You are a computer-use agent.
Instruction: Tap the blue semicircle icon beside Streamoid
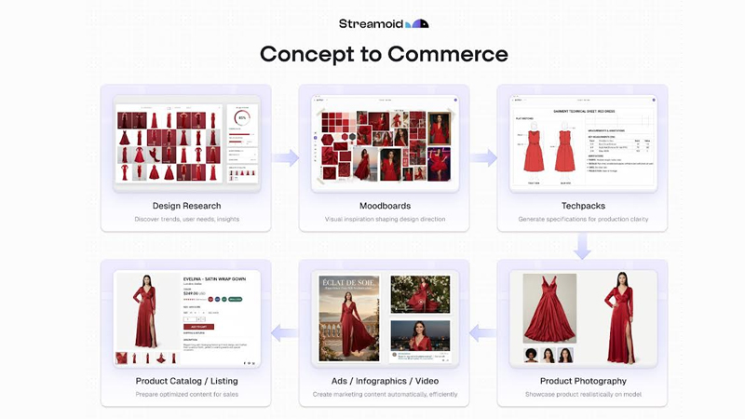(420, 23)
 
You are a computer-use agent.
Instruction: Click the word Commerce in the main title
(451, 54)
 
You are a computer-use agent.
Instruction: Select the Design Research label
(185, 205)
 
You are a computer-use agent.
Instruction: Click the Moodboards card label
(384, 205)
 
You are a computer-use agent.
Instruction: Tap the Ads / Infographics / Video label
(384, 381)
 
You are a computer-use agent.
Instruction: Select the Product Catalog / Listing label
(185, 381)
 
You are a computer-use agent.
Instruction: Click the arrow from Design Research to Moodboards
(285, 158)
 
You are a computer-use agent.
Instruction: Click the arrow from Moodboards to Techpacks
(483, 158)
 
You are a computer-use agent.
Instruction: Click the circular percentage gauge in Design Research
(243, 118)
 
